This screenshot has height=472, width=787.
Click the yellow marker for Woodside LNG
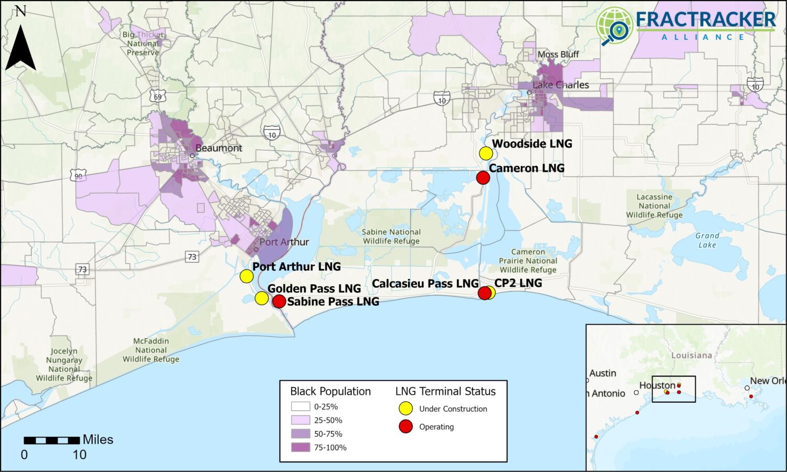tap(486, 154)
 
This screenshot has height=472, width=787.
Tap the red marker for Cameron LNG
tap(483, 178)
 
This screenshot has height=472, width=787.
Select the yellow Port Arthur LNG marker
tap(246, 276)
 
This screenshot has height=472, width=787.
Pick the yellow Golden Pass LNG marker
tap(261, 298)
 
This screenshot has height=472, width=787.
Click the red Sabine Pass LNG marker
tap(279, 301)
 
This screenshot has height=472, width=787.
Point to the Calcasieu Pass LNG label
tap(425, 284)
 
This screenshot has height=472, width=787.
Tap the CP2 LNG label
tap(518, 283)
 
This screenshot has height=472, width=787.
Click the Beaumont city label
tap(219, 148)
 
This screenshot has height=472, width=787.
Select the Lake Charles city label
tap(560, 85)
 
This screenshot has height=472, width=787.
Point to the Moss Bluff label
tap(558, 55)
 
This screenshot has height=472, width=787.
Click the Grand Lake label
tap(707, 240)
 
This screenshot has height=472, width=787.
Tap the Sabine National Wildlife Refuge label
tap(391, 237)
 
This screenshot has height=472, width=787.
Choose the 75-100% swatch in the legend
tap(300, 447)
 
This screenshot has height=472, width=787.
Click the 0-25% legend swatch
tap(300, 406)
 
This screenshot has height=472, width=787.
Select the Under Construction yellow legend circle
tap(406, 409)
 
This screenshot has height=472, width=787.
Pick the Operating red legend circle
tap(406, 426)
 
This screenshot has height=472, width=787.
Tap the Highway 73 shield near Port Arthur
tap(192, 256)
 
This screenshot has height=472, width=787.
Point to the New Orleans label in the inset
tap(768, 381)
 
